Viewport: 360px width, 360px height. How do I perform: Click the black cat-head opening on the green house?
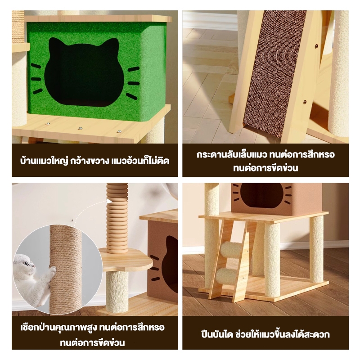pyautogui.click(x=84, y=72)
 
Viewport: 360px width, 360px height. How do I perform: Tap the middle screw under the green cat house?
pyautogui.click(x=80, y=128)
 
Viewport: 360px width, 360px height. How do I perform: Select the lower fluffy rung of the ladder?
pyautogui.click(x=227, y=277)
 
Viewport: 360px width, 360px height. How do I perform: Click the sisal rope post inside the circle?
pyautogui.click(x=66, y=269)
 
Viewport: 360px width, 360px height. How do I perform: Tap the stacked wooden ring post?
pyautogui.click(x=117, y=218)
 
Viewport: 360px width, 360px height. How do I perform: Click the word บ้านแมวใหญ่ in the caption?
pyautogui.click(x=44, y=161)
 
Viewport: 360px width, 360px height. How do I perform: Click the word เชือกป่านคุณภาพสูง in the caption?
pyautogui.click(x=58, y=328)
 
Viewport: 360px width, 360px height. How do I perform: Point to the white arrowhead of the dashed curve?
pyautogui.click(x=109, y=201)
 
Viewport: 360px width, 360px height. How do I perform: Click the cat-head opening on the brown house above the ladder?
pyautogui.click(x=261, y=196)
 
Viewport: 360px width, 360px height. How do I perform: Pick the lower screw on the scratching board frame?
pyautogui.click(x=305, y=102)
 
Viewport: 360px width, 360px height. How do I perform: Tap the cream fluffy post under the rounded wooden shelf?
pyautogui.click(x=117, y=292)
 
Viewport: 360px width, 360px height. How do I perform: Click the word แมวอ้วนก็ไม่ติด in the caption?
pyautogui.click(x=140, y=161)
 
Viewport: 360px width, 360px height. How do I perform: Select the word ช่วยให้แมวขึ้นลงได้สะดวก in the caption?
pyautogui.click(x=283, y=334)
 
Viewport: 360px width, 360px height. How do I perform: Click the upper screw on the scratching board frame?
pyautogui.click(x=317, y=46)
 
